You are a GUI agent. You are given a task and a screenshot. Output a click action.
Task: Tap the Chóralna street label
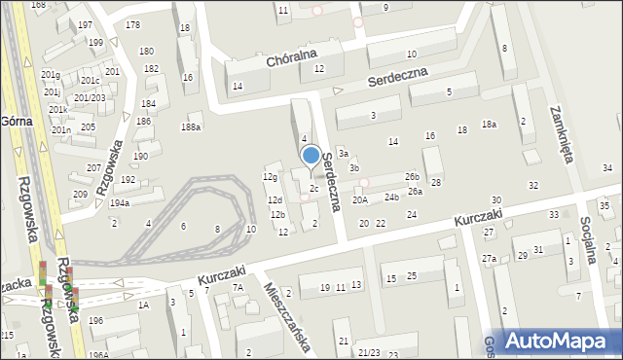(x=292, y=62)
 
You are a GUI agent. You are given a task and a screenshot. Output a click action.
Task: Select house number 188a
(x=191, y=127)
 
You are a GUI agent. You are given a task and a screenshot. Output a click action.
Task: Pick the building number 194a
(x=120, y=203)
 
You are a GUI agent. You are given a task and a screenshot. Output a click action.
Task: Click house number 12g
(x=271, y=176)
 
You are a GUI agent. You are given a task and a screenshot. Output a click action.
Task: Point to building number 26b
(x=413, y=176)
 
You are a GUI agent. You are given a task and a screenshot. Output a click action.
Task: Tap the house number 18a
(x=489, y=125)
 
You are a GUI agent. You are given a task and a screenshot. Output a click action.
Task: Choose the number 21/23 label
(x=369, y=352)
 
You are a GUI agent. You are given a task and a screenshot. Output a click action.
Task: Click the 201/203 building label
(x=89, y=97)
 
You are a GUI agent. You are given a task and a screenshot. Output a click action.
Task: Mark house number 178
(x=133, y=24)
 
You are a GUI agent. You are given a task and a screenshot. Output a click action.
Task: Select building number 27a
(x=488, y=258)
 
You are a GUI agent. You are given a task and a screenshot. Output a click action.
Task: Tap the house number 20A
(x=360, y=199)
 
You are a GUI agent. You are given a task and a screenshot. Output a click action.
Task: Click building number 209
(x=79, y=195)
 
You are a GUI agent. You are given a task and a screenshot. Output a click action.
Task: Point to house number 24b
(x=391, y=197)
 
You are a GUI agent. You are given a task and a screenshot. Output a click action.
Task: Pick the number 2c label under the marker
(x=313, y=188)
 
